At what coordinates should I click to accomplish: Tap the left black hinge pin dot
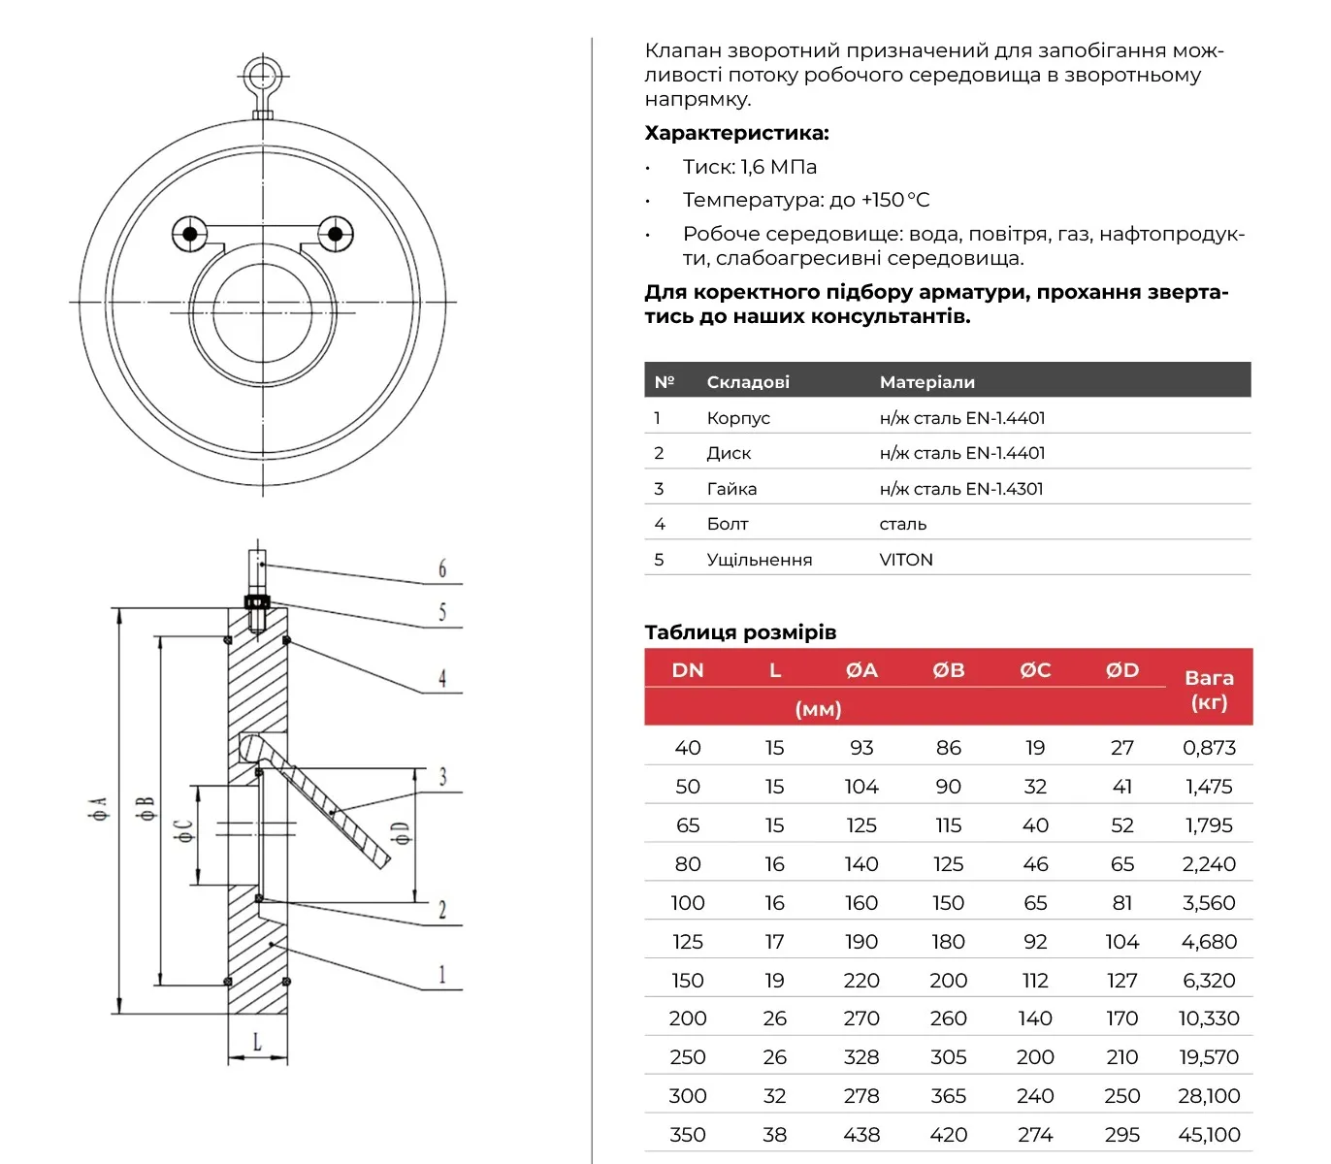click(x=190, y=234)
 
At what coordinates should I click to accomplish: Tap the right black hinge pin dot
click(x=335, y=234)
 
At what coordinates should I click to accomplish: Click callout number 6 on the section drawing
click(x=442, y=568)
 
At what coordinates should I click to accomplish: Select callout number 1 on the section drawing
click(x=442, y=974)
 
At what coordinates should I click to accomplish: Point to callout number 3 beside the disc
click(x=443, y=776)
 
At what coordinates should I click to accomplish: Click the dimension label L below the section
click(x=257, y=1042)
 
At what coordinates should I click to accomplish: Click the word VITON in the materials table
click(x=905, y=560)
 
